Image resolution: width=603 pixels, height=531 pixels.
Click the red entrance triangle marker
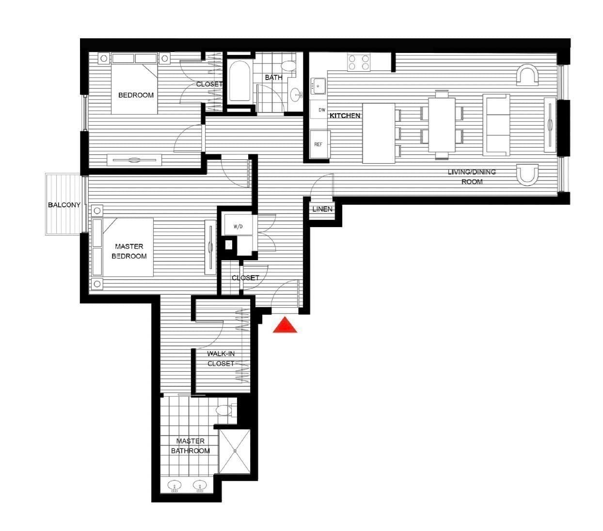pyautogui.click(x=285, y=325)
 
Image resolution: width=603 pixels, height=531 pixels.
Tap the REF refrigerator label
pyautogui.click(x=318, y=144)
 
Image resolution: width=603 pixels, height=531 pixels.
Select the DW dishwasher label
pyautogui.click(x=322, y=110)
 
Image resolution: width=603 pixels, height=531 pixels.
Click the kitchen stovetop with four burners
pyautogui.click(x=359, y=62)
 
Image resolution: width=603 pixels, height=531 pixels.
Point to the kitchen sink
pyautogui.click(x=318, y=86)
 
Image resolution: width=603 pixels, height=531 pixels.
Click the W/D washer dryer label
pyautogui.click(x=238, y=227)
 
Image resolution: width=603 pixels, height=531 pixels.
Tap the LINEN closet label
pyautogui.click(x=322, y=209)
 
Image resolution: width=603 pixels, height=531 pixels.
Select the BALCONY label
pyautogui.click(x=64, y=205)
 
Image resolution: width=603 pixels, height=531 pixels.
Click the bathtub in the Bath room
pyautogui.click(x=239, y=82)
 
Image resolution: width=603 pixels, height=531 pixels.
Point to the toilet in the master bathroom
pyautogui.click(x=226, y=410)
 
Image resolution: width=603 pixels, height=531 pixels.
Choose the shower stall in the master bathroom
pyautogui.click(x=235, y=451)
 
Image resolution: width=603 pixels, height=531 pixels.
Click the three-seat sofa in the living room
pyautogui.click(x=496, y=125)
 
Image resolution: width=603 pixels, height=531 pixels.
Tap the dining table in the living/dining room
pyautogui.click(x=442, y=125)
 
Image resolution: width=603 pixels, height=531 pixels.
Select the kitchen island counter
pyautogui.click(x=379, y=133)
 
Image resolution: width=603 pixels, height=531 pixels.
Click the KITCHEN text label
pyautogui.click(x=345, y=116)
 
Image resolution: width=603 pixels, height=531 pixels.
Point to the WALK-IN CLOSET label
pyautogui.click(x=221, y=359)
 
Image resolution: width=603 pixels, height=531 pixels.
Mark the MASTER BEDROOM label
pyautogui.click(x=129, y=251)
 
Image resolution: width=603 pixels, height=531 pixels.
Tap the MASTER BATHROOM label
pyautogui.click(x=190, y=446)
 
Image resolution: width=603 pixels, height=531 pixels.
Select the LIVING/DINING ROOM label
pyautogui.click(x=472, y=177)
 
